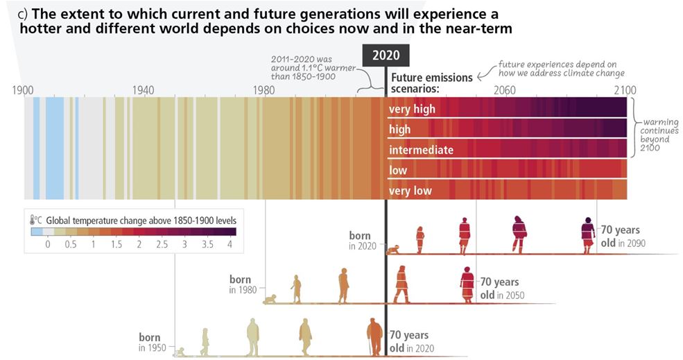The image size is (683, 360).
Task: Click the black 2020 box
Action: [386, 56]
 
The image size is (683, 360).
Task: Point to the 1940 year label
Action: [143, 90]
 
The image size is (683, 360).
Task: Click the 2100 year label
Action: [624, 90]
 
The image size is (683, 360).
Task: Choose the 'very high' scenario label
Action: [412, 109]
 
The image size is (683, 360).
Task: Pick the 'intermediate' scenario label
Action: [421, 150]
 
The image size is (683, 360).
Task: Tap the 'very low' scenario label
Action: [410, 191]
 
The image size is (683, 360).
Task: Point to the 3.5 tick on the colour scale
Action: [207, 245]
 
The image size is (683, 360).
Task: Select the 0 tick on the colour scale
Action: [48, 245]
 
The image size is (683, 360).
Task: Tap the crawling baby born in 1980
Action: [270, 300]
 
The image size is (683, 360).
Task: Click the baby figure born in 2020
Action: [394, 249]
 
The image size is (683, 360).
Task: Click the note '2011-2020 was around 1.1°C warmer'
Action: [303, 68]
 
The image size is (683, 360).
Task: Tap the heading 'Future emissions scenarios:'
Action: [431, 83]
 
